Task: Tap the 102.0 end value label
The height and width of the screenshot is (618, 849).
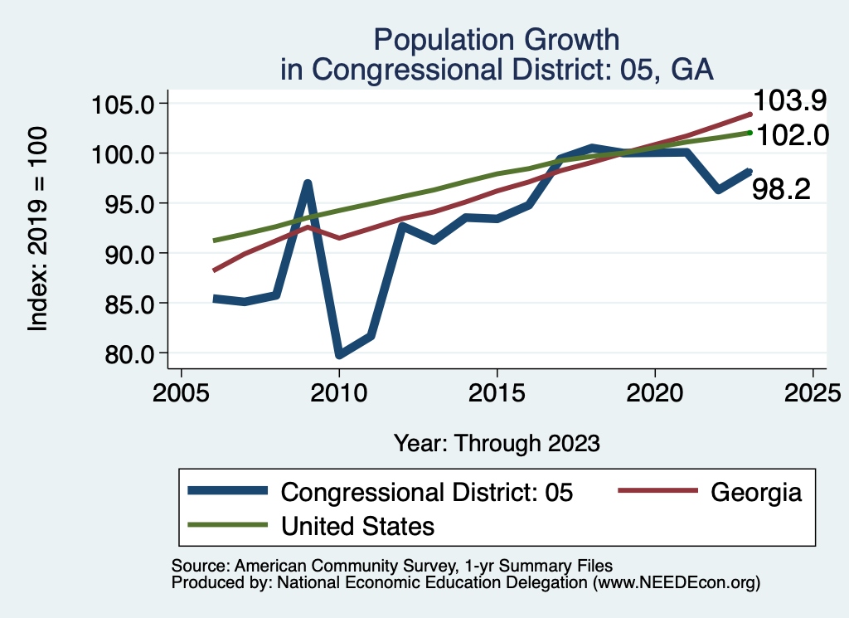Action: click(791, 135)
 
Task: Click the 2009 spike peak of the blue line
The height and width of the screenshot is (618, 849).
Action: click(308, 183)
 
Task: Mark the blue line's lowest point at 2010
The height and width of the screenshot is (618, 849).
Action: click(339, 355)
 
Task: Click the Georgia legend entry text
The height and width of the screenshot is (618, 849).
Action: click(756, 492)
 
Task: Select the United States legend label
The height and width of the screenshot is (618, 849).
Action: click(358, 525)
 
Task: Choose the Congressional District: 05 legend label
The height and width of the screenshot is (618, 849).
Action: click(427, 492)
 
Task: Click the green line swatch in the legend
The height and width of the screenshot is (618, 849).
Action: click(227, 525)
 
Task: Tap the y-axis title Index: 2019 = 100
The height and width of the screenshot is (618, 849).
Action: click(38, 229)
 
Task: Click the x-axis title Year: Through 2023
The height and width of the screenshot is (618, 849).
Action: click(496, 443)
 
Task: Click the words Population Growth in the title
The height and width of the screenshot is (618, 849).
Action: click(496, 39)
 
